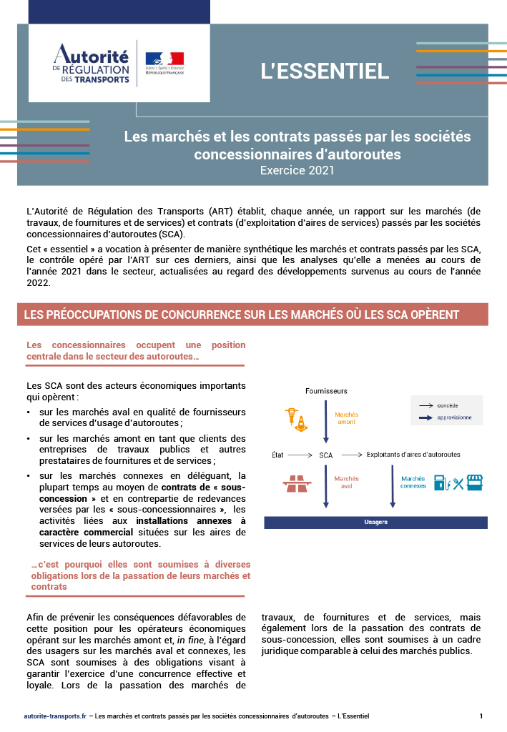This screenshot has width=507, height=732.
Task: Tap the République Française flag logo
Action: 164,61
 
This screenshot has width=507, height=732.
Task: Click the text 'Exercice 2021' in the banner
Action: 297,171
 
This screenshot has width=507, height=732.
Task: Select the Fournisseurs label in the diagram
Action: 326,391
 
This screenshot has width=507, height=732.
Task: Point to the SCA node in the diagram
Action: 326,455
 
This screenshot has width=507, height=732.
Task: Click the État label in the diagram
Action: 278,455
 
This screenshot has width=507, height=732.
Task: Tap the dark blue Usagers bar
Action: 375,522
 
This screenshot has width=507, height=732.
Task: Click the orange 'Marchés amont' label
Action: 346,418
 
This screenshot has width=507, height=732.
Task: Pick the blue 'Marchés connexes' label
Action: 413,483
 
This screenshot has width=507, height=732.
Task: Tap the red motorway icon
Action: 296,484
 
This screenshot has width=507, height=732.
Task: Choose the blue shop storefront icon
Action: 474,483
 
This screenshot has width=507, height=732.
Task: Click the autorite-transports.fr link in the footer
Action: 54,716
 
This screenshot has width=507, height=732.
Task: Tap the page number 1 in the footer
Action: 481,716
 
